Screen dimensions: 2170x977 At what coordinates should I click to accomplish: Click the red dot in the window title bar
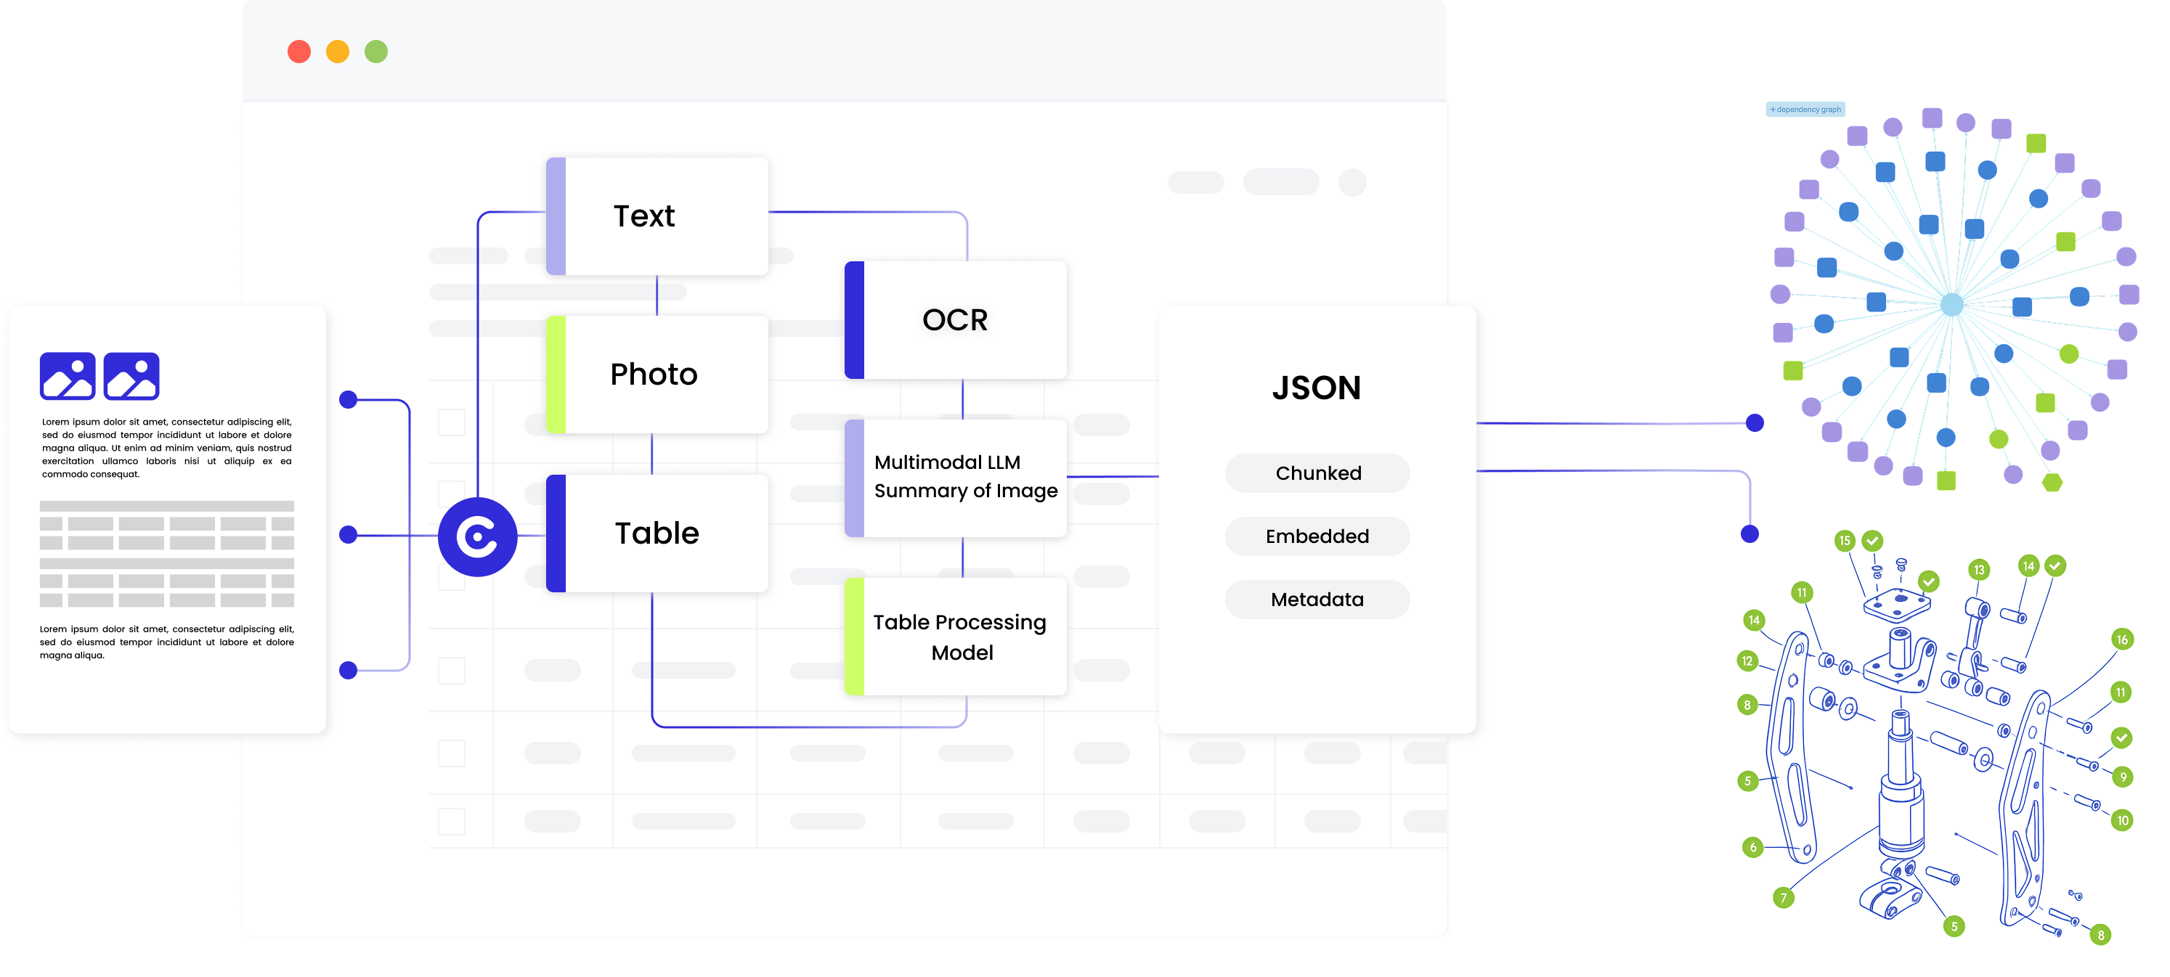pyautogui.click(x=299, y=52)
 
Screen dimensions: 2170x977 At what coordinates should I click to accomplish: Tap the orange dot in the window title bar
pyautogui.click(x=338, y=52)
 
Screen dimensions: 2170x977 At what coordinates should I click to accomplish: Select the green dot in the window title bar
pyautogui.click(x=376, y=52)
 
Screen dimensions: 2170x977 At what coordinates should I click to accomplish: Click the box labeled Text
pyautogui.click(x=657, y=216)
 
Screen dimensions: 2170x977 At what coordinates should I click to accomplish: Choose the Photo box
pyautogui.click(x=657, y=375)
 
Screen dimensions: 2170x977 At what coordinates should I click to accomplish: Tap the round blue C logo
pyautogui.click(x=478, y=536)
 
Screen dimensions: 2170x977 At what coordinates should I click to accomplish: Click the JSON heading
pyautogui.click(x=1316, y=388)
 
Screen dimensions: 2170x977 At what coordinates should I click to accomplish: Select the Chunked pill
pyautogui.click(x=1317, y=473)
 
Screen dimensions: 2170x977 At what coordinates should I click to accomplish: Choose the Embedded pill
pyautogui.click(x=1317, y=536)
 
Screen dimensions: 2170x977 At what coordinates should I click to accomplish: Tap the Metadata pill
pyautogui.click(x=1317, y=600)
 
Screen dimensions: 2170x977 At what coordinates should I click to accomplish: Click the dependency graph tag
pyautogui.click(x=1805, y=110)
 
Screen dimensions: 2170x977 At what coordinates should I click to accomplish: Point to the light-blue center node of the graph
pyautogui.click(x=1952, y=305)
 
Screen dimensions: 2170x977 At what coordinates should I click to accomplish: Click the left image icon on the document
pyautogui.click(x=68, y=376)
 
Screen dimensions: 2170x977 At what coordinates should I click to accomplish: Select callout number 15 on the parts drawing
pyautogui.click(x=1845, y=541)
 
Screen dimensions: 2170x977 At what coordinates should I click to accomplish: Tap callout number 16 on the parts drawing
pyautogui.click(x=2122, y=640)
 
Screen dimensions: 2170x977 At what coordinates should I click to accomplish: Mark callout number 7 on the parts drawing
pyautogui.click(x=1784, y=898)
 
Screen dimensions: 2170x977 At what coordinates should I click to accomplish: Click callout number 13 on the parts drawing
pyautogui.click(x=1979, y=571)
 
